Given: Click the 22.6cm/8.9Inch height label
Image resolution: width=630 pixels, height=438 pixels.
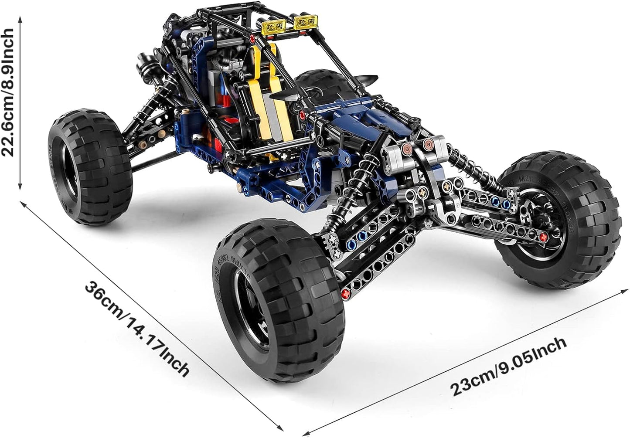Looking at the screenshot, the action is [7, 92].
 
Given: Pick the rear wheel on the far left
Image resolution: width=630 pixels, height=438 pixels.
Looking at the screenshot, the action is [90, 167].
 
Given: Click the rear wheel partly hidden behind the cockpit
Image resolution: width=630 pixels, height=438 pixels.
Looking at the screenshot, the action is [326, 85].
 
